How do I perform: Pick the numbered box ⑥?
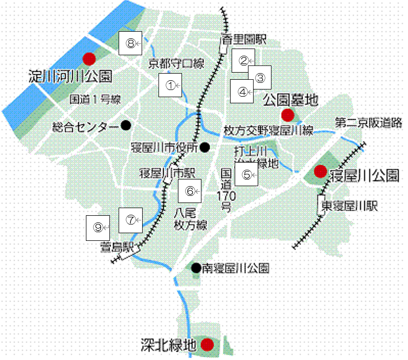tap(190, 192)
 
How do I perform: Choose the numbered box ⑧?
tap(131, 44)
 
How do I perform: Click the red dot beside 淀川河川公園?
tap(89, 58)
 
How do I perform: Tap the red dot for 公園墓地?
tap(287, 114)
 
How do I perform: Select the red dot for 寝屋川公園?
tap(320, 171)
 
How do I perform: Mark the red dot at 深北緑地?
tap(207, 345)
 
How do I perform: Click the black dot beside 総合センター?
tap(126, 125)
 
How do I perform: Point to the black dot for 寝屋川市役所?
tap(205, 147)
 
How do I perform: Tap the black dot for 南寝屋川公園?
tap(196, 267)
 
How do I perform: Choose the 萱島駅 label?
tap(117, 247)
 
